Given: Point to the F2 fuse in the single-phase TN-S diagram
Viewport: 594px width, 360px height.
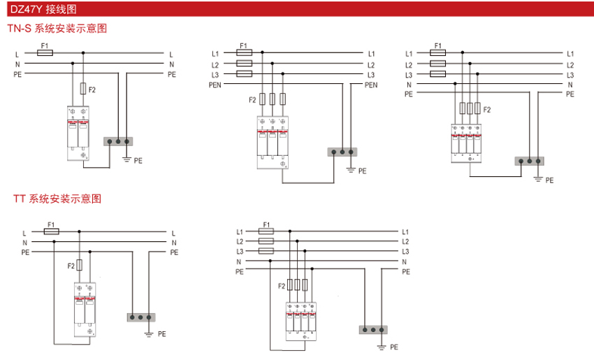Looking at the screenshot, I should (84, 89).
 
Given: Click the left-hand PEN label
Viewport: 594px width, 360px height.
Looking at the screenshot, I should (214, 85).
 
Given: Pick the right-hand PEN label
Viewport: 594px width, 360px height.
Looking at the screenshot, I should (370, 85).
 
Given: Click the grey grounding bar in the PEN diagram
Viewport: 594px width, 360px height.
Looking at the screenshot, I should (342, 151).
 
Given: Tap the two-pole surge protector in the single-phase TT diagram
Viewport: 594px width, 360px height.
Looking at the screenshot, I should (84, 308).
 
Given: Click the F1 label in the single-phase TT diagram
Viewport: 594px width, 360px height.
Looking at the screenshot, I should (50, 224).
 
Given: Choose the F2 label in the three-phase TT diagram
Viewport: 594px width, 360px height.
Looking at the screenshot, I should (281, 285).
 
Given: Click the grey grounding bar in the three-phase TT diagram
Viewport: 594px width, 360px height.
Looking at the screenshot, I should (372, 329).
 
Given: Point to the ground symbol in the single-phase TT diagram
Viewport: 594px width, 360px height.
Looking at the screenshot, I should (149, 333).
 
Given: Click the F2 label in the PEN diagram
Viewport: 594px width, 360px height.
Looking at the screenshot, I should (252, 100).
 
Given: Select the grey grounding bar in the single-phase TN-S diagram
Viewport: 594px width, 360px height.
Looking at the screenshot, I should (117, 141).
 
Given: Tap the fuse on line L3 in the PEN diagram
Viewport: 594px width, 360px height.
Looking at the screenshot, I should (245, 74).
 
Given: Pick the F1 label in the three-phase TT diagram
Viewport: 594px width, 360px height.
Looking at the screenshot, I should (266, 224).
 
